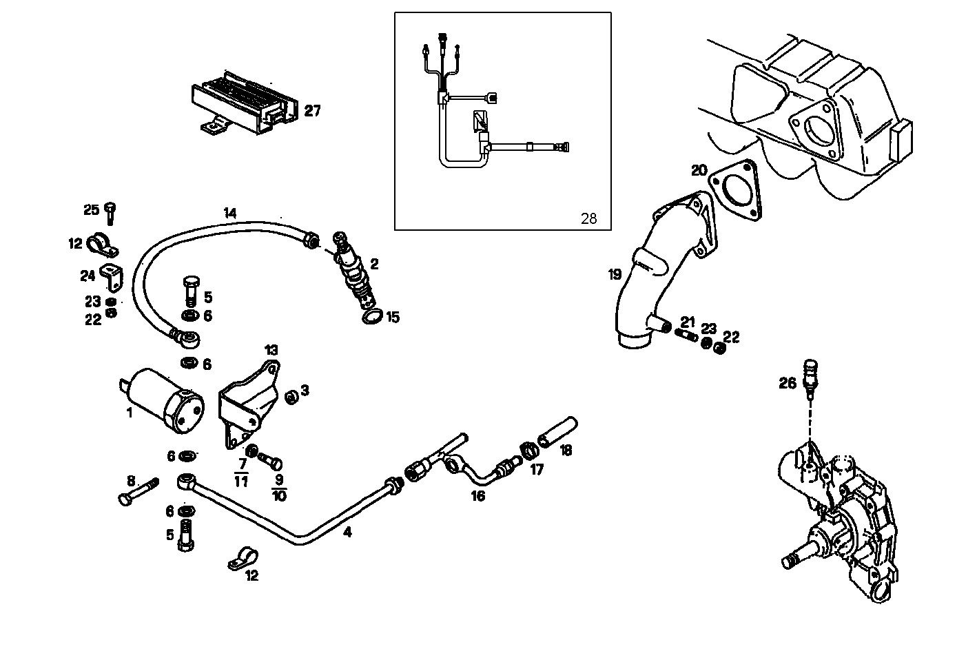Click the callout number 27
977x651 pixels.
coord(313,111)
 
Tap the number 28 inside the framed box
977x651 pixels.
coord(588,219)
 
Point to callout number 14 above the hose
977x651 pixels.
coord(230,213)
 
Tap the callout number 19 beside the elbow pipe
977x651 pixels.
coord(615,275)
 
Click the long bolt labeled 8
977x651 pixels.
coord(139,492)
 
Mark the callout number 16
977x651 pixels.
coord(477,495)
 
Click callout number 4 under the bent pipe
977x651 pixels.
coord(347,533)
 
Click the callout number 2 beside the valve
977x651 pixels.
coord(374,264)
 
